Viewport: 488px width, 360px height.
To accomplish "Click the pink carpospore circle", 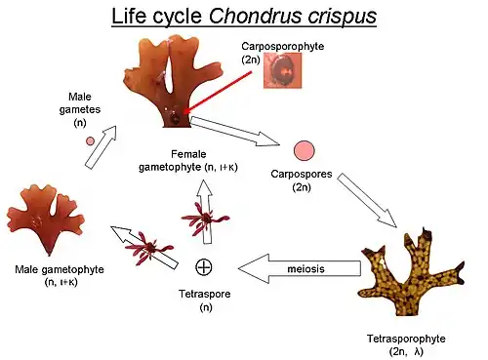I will pyautogui.click(x=305, y=150).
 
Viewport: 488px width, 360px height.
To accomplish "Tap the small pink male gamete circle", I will pyautogui.click(x=90, y=140).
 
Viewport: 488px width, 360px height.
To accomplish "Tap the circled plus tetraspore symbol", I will pyautogui.click(x=204, y=265).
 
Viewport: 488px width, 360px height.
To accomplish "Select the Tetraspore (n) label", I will pyautogui.click(x=204, y=300).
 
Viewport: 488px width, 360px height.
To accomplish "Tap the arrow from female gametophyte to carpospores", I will pyautogui.click(x=234, y=133).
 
